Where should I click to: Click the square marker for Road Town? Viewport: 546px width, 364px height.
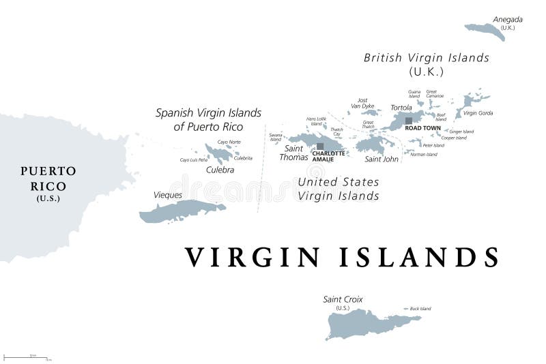click(x=409, y=121)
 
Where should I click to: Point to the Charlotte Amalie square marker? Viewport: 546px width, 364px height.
click(x=320, y=146)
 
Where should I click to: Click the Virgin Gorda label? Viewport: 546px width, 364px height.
click(x=477, y=113)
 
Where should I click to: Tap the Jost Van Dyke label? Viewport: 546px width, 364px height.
click(x=362, y=103)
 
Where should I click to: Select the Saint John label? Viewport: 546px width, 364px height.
click(x=382, y=159)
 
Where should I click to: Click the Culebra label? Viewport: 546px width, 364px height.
click(x=220, y=170)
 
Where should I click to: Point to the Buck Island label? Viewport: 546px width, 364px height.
click(x=420, y=309)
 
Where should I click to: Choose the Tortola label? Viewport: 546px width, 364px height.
click(x=401, y=108)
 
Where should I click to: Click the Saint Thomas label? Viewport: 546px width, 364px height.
click(x=294, y=153)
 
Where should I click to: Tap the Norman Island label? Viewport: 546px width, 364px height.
click(x=423, y=154)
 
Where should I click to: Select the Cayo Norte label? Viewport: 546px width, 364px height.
click(x=229, y=142)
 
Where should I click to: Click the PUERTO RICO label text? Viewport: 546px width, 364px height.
click(x=48, y=178)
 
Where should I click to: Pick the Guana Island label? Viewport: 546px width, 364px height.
click(x=414, y=94)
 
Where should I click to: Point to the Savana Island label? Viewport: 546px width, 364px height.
click(x=275, y=137)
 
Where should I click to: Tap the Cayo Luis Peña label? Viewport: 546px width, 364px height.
click(x=193, y=160)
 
